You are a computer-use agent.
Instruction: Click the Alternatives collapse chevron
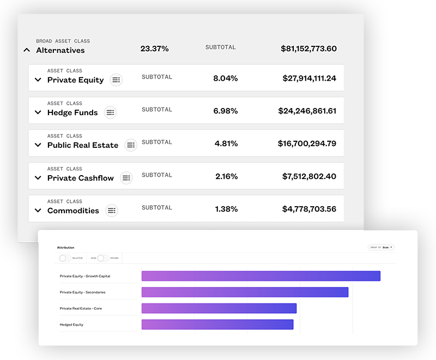point(27,50)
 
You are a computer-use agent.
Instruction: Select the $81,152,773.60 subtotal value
point(308,49)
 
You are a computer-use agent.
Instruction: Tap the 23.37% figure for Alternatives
point(154,49)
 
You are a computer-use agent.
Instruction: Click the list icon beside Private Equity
point(116,80)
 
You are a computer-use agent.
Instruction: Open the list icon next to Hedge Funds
point(110,112)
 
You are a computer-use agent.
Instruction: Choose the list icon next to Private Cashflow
point(126,178)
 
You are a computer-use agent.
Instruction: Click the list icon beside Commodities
point(111,211)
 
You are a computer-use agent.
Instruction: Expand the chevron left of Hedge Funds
point(38,113)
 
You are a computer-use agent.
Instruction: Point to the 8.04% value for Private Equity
point(225,78)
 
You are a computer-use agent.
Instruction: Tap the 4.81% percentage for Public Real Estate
point(225,143)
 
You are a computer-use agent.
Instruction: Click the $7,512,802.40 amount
point(309,176)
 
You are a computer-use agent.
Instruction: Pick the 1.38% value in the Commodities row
point(225,209)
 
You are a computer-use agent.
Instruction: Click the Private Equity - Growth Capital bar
point(261,276)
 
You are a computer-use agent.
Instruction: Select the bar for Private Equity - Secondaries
point(245,292)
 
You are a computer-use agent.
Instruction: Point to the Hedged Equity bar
point(217,325)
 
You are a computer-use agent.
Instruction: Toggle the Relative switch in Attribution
point(64,258)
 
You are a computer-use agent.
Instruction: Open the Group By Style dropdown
point(381,248)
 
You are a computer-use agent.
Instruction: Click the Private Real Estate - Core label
point(81,309)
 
